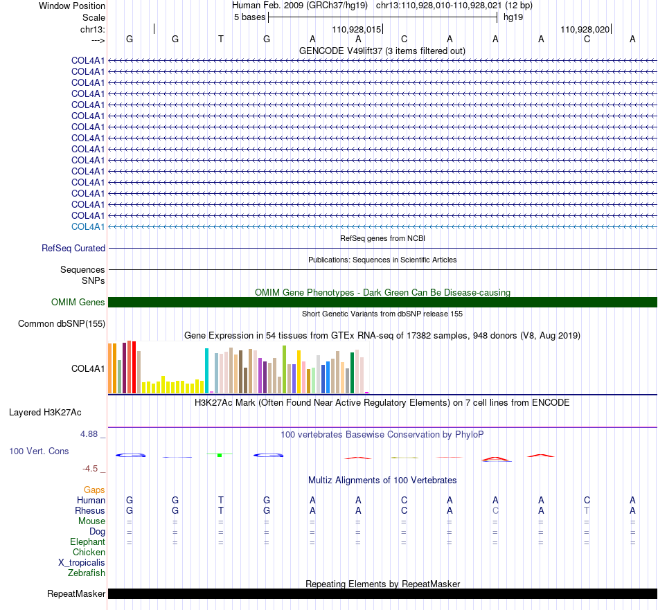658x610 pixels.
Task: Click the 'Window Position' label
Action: (72, 6)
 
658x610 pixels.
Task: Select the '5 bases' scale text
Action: (249, 17)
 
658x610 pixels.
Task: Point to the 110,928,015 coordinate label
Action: (356, 29)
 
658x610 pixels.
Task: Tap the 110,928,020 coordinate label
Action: (585, 29)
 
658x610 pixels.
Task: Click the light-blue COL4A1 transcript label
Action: (88, 227)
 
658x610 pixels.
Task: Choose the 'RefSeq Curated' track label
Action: (73, 249)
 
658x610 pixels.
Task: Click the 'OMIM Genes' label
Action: (78, 302)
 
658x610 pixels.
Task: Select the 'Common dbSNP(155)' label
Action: (62, 324)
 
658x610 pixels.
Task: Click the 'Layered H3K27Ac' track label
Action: (45, 413)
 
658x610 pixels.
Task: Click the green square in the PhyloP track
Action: (220, 455)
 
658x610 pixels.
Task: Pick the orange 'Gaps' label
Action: (94, 490)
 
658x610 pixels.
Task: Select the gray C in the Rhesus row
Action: (496, 510)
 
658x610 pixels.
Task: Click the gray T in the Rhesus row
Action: (587, 510)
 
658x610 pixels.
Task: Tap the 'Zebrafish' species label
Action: (87, 573)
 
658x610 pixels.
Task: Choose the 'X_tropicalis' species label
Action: (82, 563)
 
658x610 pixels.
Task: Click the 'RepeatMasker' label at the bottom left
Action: (76, 593)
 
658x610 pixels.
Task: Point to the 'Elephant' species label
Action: (87, 542)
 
